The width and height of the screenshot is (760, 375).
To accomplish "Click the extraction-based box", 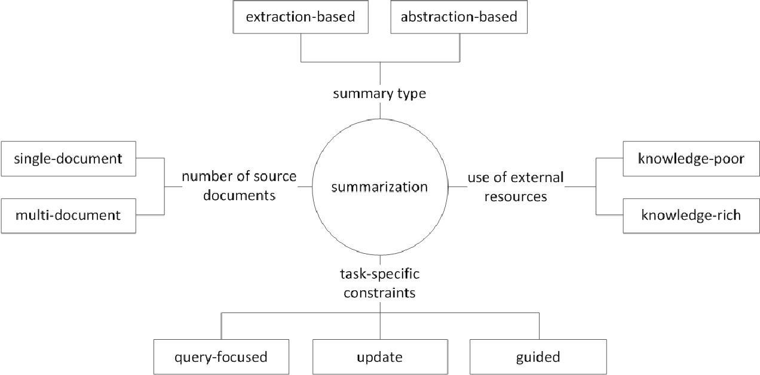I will click(x=301, y=17).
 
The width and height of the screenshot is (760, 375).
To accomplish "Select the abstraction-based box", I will click(x=459, y=17).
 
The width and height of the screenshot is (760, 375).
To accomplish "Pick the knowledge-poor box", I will click(x=691, y=159).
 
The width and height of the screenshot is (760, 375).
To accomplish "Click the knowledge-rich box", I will click(x=691, y=215).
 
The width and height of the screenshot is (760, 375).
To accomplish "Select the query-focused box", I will click(x=220, y=357).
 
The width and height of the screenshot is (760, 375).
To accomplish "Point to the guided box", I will click(x=538, y=357).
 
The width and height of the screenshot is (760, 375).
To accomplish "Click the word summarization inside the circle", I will click(x=379, y=187).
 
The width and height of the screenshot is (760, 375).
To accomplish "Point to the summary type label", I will click(x=379, y=94).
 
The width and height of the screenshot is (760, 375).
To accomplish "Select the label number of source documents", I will click(x=239, y=186).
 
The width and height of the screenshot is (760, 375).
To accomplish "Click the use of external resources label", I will click(x=516, y=186).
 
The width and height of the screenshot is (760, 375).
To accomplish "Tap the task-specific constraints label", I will click(x=379, y=283).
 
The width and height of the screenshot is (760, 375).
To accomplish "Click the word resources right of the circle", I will click(x=516, y=196).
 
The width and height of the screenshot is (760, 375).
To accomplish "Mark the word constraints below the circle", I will click(x=379, y=293).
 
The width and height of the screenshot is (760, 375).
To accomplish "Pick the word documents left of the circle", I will click(x=239, y=195).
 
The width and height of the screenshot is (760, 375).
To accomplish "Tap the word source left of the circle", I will click(x=272, y=177).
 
